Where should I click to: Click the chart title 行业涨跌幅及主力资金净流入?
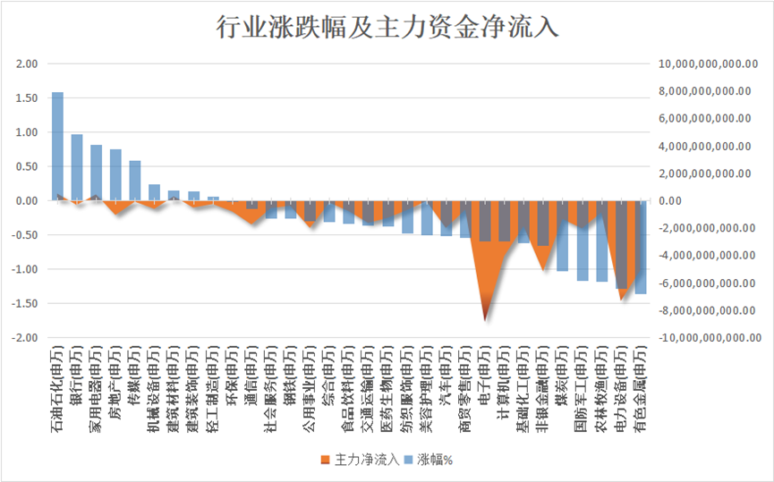point(387,27)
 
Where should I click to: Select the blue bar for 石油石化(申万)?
point(57,143)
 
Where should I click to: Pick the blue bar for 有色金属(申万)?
point(640,250)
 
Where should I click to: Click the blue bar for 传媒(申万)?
point(135,179)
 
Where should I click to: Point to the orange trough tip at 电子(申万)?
point(485,318)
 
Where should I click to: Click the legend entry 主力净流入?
point(360,460)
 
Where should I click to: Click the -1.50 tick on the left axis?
point(25,304)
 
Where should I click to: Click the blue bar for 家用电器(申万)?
point(96,172)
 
